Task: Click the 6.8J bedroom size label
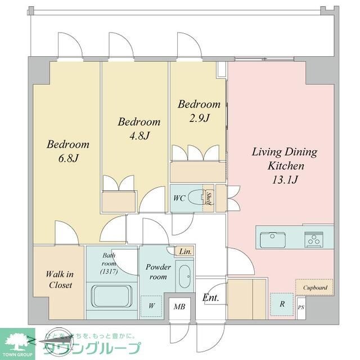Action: click(x=67, y=158)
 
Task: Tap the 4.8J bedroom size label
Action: click(x=138, y=136)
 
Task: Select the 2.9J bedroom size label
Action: click(x=199, y=118)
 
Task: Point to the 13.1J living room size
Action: click(x=285, y=180)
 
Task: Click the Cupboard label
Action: click(x=315, y=287)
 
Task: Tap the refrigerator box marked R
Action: click(x=281, y=304)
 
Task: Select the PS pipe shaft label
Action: click(x=301, y=308)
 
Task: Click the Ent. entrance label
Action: click(x=211, y=298)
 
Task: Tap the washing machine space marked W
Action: click(x=151, y=306)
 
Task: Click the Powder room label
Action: click(x=156, y=272)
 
